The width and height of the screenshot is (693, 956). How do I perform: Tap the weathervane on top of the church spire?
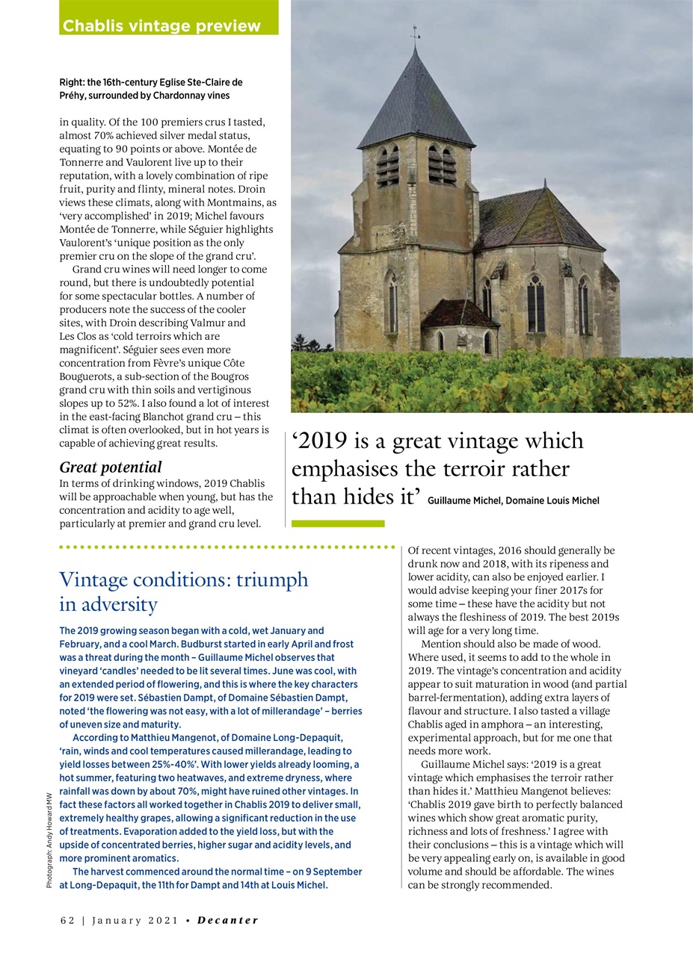coord(415,34)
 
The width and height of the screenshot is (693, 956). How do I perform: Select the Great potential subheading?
coord(110,468)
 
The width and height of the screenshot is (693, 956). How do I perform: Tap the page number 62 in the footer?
coord(67,920)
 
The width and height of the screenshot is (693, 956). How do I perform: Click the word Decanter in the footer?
coord(227,920)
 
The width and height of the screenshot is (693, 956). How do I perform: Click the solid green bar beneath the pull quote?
coord(337,524)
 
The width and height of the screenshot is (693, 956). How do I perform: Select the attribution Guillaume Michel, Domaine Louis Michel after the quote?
coord(514,500)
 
